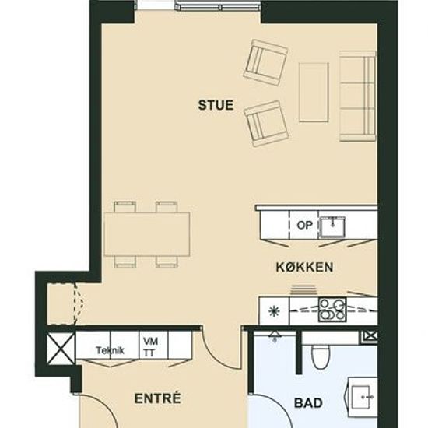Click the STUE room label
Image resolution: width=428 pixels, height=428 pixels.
pos(216,105)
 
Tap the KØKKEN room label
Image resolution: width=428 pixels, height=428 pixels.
pos(304,267)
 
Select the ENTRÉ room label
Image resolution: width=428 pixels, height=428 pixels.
pos(158,398)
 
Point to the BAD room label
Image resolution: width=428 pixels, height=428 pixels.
pos(308,403)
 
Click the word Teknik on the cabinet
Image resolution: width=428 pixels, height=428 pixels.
pos(111,350)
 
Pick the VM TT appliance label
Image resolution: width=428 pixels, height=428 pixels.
pos(150,347)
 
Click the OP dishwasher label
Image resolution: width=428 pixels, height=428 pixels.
pos(304,225)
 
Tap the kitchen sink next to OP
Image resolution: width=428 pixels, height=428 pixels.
pos(332,226)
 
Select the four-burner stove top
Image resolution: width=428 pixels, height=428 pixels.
pos(332,310)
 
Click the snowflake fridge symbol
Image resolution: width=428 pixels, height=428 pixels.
pos(273,311)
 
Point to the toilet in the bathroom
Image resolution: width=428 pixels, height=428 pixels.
pos(321,356)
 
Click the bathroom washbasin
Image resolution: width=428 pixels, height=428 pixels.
pos(362,397)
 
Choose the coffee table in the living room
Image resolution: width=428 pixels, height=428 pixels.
pos(314,93)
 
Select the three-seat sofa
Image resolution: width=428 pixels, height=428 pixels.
pos(358,96)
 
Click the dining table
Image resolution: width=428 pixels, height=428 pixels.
pos(147,234)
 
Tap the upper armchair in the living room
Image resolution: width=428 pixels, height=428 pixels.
pos(266,62)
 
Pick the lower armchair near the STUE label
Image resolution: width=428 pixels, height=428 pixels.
pos(266,124)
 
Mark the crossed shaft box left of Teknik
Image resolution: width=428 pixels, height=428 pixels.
pos(61,348)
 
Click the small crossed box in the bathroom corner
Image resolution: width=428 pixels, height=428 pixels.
pos(370,337)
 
